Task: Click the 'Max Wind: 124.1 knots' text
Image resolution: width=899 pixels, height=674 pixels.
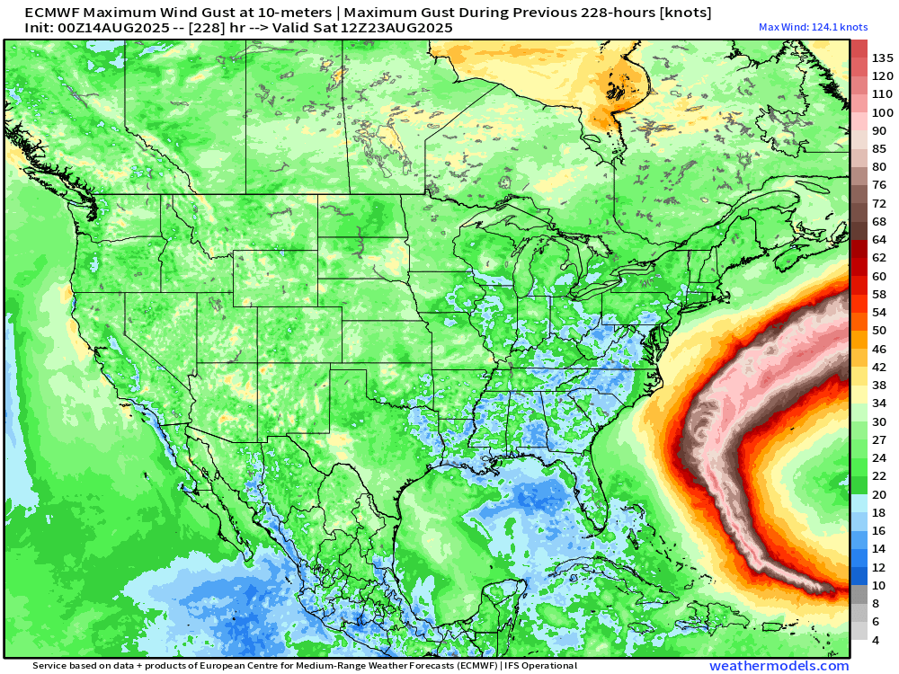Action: [813, 27]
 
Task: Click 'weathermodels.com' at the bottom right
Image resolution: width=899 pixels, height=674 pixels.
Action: [779, 666]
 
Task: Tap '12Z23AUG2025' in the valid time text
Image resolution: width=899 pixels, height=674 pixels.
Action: [403, 28]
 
